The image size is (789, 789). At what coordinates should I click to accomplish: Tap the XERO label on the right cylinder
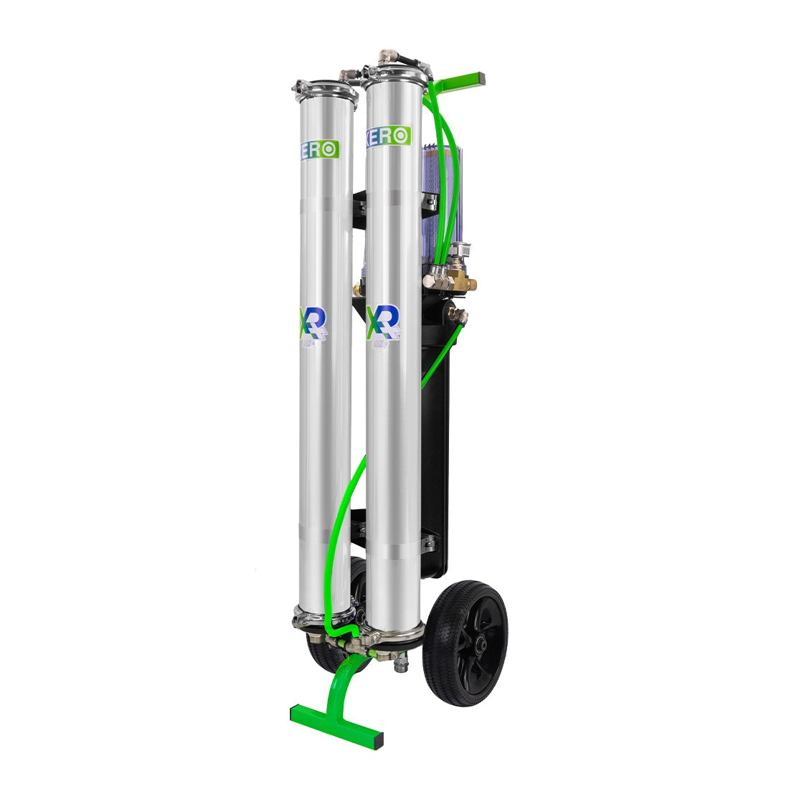point(387,136)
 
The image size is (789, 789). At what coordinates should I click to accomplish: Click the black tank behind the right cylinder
point(435,430)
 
